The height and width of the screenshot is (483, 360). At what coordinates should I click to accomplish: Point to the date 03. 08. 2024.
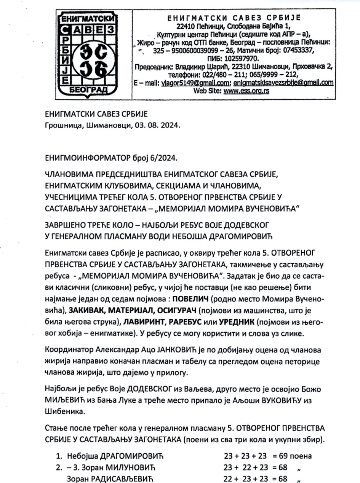pos(160,124)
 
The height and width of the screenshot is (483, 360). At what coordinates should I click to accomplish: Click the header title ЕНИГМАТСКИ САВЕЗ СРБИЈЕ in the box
pos(234,18)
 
